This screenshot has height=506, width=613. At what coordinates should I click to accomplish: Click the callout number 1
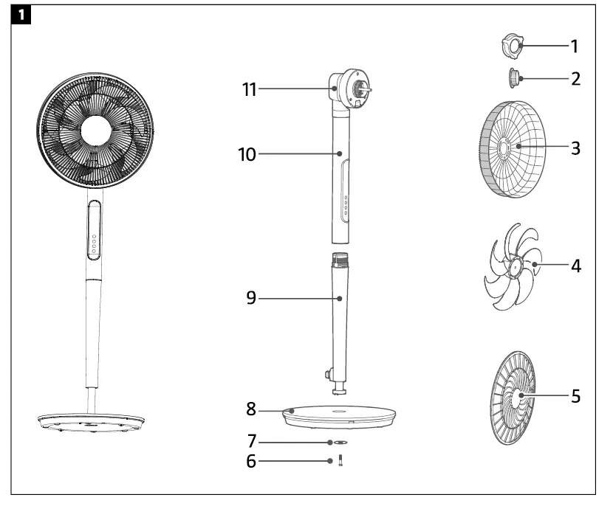click(x=574, y=46)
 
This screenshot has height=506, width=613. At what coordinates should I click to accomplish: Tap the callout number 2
click(x=574, y=78)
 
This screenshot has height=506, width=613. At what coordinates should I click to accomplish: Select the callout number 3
click(x=574, y=148)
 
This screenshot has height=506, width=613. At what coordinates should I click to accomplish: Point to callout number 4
click(x=574, y=266)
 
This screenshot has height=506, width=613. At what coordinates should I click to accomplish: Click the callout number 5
click(x=574, y=397)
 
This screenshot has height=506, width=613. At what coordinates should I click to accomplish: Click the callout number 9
click(x=252, y=299)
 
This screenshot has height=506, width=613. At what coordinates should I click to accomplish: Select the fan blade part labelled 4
click(x=510, y=269)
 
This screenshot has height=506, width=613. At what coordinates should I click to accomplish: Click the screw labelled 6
click(x=341, y=461)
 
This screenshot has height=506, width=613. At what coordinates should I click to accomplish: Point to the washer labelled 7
click(x=340, y=443)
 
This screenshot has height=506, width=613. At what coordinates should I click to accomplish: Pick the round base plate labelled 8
click(x=340, y=416)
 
